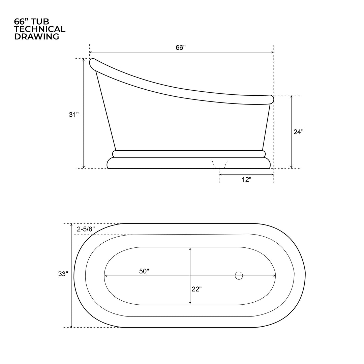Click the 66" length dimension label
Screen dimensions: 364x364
181,48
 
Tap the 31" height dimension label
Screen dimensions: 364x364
74,115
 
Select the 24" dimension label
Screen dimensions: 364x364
298,132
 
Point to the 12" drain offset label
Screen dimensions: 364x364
246,180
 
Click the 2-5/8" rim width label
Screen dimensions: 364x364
86,229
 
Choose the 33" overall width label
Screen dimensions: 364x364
63,274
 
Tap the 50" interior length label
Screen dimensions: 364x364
144,271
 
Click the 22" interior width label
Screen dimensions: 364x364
196,289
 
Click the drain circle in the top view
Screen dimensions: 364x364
239,276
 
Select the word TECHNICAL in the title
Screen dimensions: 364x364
40,29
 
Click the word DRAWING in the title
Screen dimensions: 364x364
36,37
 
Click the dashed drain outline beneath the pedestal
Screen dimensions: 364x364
220,164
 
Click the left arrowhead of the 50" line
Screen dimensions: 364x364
105,276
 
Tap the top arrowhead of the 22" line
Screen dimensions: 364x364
190,249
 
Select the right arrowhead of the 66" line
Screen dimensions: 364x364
272,52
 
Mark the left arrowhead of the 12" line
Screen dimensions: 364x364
220,175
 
